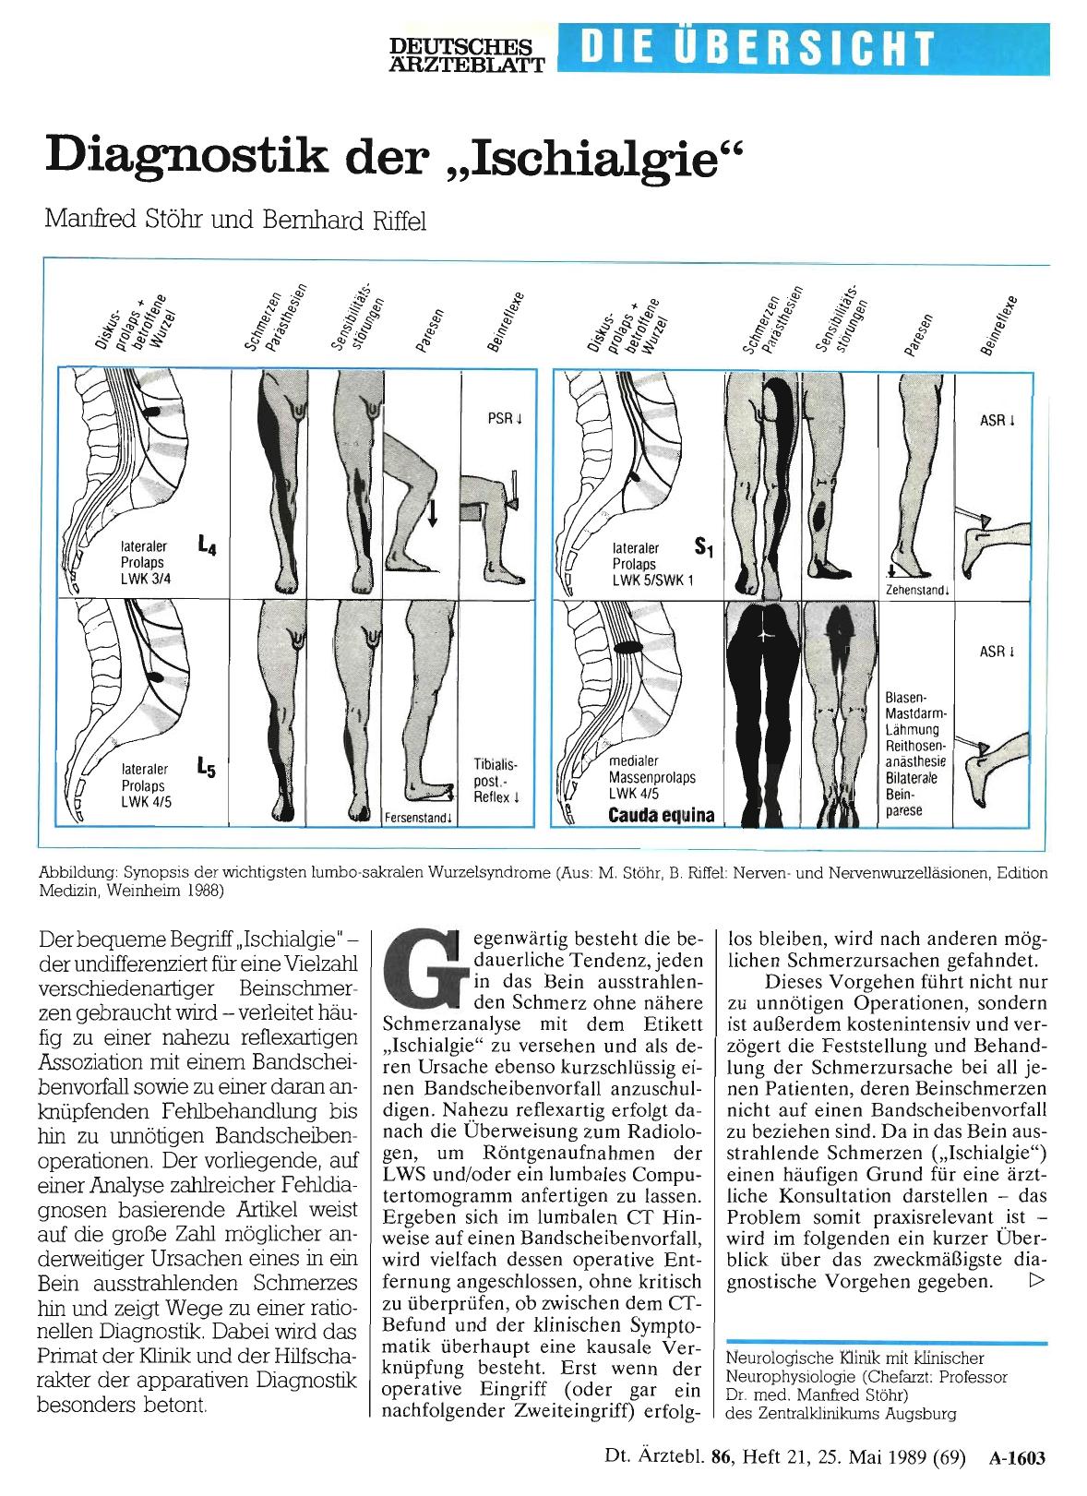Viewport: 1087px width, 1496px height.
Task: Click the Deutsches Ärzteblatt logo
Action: click(x=467, y=54)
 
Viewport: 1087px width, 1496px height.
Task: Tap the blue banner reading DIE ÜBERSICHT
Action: click(x=804, y=49)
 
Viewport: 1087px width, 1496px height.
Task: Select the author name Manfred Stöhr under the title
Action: click(x=123, y=220)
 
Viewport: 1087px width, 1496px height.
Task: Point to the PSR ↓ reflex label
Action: click(x=505, y=419)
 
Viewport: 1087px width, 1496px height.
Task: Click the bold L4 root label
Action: click(x=207, y=546)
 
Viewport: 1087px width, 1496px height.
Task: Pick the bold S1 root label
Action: click(x=704, y=547)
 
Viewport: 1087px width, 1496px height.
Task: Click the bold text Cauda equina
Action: click(x=661, y=816)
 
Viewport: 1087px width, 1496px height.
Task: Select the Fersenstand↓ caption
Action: click(x=419, y=818)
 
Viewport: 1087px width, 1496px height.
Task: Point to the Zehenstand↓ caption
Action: click(x=918, y=591)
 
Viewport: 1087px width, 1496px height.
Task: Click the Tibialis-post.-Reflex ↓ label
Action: click(x=496, y=780)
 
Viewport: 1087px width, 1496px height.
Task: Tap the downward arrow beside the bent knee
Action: click(x=432, y=512)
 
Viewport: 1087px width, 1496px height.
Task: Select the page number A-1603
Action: click(x=1017, y=1457)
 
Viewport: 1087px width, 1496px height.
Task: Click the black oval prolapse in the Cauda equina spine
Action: click(x=627, y=647)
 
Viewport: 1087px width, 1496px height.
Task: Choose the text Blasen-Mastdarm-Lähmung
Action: click(x=913, y=713)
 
